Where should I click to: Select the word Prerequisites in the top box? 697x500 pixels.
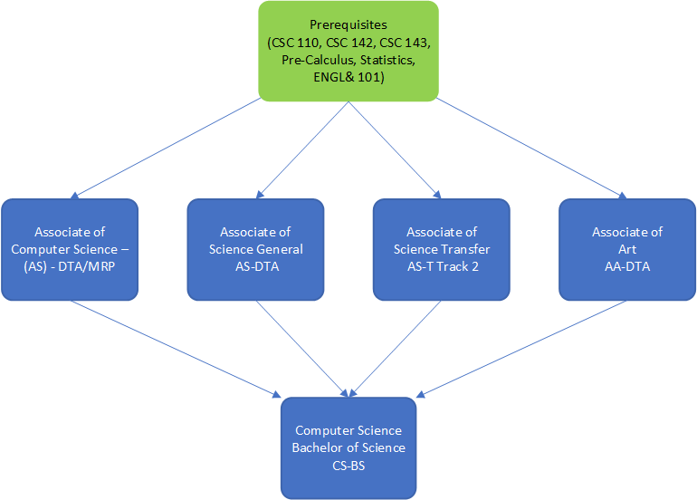pyautogui.click(x=348, y=25)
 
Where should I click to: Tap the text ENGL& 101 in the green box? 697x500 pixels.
pyautogui.click(x=348, y=78)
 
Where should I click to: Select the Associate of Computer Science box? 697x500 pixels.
pyautogui.click(x=70, y=249)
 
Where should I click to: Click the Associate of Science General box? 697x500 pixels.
pyautogui.click(x=256, y=249)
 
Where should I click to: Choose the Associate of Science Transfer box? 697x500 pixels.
pyautogui.click(x=442, y=249)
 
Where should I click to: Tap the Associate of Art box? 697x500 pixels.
pyautogui.click(x=627, y=249)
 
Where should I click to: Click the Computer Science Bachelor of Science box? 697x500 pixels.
pyautogui.click(x=348, y=447)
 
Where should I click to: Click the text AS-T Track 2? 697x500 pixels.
pyautogui.click(x=442, y=266)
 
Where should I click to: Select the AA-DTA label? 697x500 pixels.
pyautogui.click(x=627, y=266)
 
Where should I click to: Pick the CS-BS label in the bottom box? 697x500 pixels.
pyautogui.click(x=348, y=465)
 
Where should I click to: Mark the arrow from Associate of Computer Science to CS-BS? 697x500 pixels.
pyautogui.click(x=172, y=348)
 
